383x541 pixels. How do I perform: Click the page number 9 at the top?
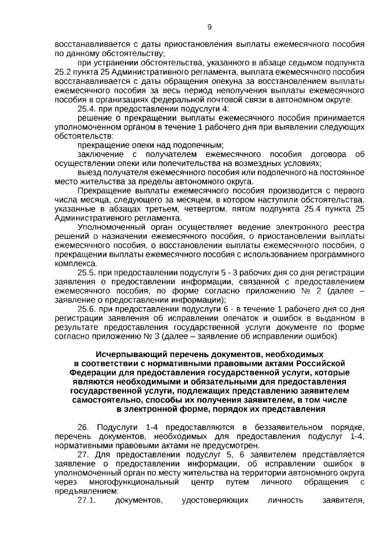[209, 27]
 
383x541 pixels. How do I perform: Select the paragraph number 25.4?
[86, 109]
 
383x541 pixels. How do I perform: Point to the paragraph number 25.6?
[86, 309]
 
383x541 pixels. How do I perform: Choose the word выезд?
[88, 173]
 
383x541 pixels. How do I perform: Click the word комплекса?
[76, 264]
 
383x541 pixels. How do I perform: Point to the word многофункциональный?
[134, 482]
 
